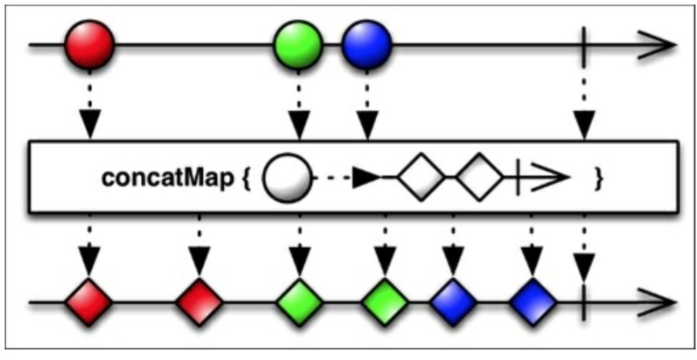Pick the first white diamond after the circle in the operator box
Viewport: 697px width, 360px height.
[420, 178]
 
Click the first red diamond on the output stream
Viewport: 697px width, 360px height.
[89, 303]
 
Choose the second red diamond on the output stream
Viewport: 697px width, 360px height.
[199, 303]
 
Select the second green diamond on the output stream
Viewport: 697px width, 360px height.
[383, 303]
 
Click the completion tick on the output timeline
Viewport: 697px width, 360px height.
[585, 303]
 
